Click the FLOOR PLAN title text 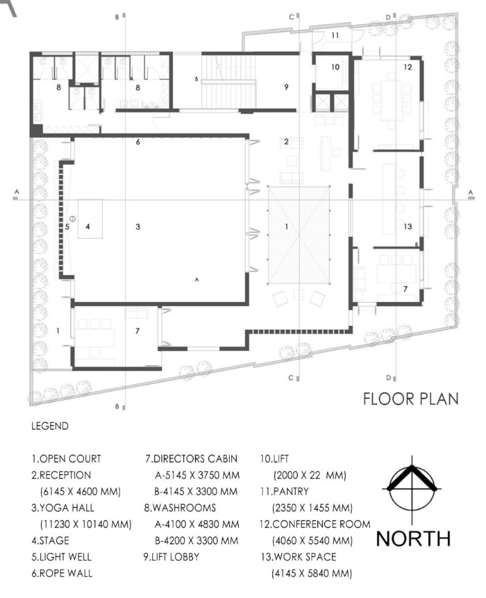(x=411, y=399)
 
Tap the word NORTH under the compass (x=413, y=539)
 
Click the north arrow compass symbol (x=412, y=489)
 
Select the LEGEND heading (x=50, y=426)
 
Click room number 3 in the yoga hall (x=138, y=227)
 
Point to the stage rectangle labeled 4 (x=90, y=219)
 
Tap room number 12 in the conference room (x=408, y=67)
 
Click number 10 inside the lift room (x=335, y=67)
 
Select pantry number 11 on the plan (x=335, y=35)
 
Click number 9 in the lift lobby (x=286, y=87)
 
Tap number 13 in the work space (x=408, y=226)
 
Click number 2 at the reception (x=286, y=141)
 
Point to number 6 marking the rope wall (x=138, y=142)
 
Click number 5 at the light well (x=67, y=227)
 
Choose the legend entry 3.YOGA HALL (x=63, y=508)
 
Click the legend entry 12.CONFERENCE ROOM (x=315, y=524)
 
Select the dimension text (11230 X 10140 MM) (x=86, y=524)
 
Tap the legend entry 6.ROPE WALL (x=62, y=573)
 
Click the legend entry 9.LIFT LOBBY (x=171, y=557)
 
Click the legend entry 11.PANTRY (x=284, y=491)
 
